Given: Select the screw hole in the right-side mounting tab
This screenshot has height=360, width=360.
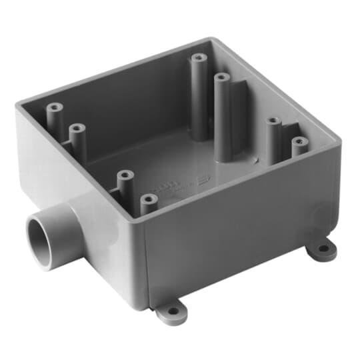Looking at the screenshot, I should click(323, 249).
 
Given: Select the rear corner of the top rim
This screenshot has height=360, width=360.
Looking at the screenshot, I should click(212, 39).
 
